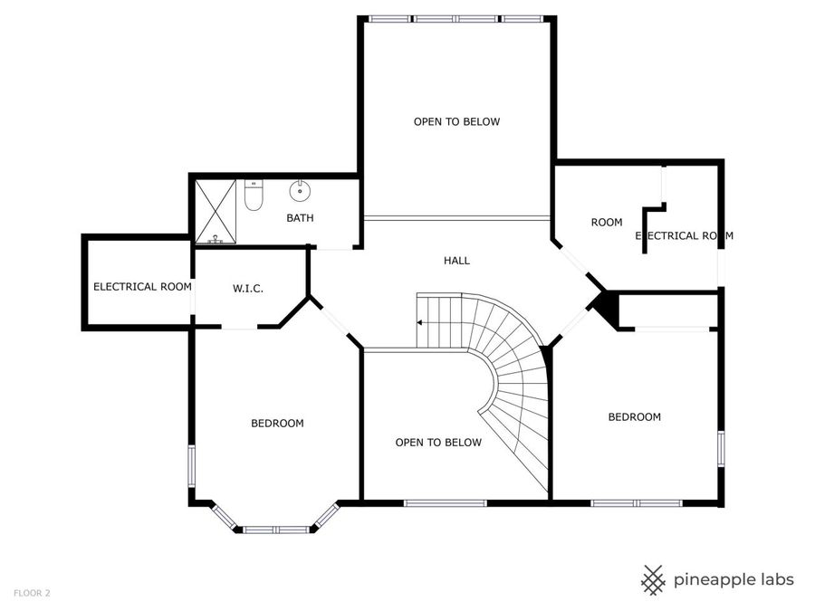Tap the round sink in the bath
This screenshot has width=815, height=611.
[300, 192]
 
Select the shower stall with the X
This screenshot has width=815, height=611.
[216, 212]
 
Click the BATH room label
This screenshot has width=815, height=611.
[300, 218]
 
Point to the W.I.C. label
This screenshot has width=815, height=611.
[247, 289]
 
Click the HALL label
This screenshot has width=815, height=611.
[456, 261]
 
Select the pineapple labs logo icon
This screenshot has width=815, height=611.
[653, 579]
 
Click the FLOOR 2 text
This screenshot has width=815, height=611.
[32, 593]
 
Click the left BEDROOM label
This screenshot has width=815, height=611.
[277, 423]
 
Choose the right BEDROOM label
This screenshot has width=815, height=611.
[634, 417]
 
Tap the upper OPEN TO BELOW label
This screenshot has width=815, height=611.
[456, 121]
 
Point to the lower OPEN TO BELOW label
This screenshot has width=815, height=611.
[438, 443]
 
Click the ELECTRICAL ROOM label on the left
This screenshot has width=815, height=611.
[142, 287]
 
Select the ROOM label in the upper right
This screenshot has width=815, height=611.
[607, 223]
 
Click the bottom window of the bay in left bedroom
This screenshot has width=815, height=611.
[275, 530]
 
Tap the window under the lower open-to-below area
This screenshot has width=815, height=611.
[445, 503]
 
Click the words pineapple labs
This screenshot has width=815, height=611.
[733, 579]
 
